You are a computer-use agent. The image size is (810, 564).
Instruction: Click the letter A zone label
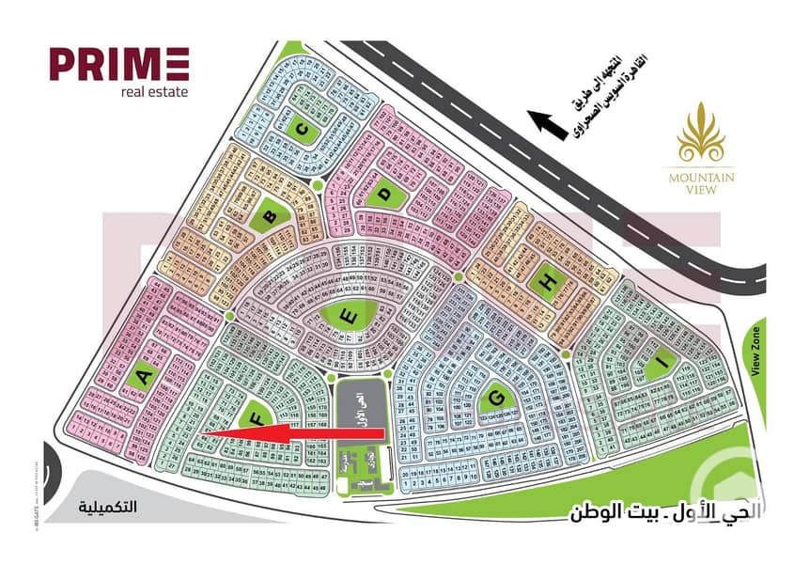144,378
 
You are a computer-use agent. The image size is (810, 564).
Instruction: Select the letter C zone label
302,132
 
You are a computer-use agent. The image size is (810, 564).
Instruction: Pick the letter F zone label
252,420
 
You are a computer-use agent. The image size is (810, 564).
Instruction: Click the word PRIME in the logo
119,65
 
